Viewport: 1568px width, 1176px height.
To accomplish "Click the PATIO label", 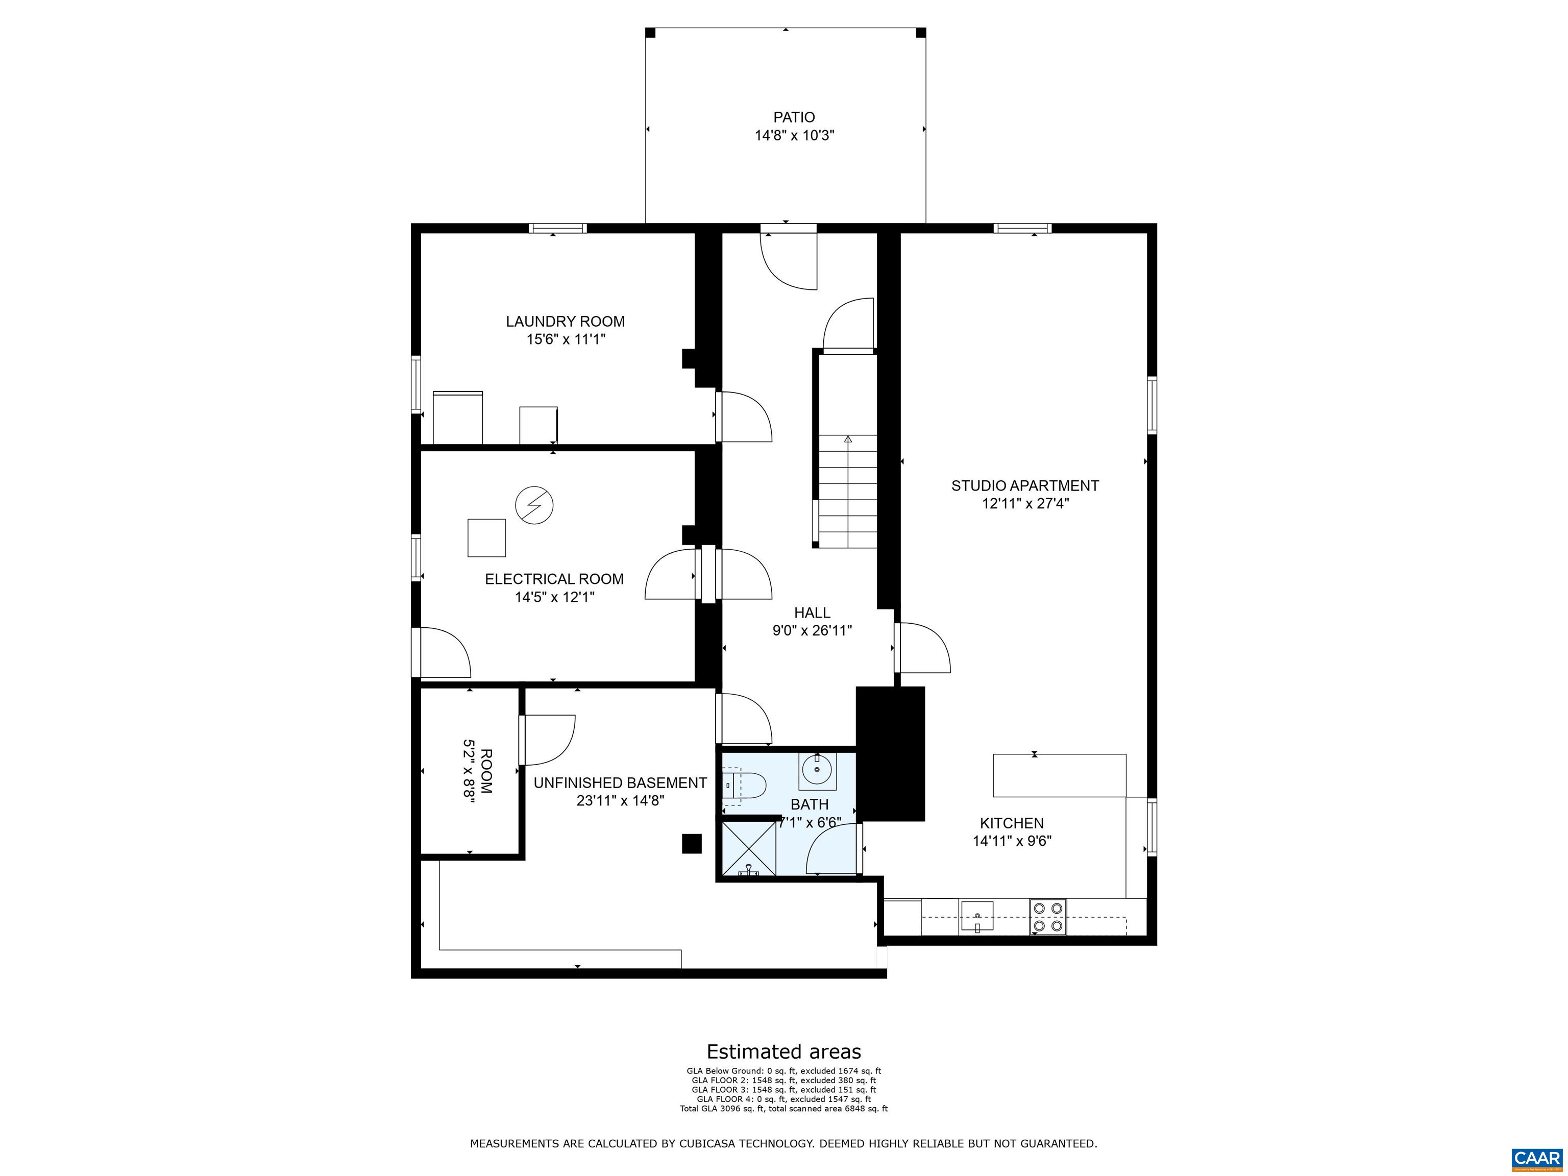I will click(793, 117).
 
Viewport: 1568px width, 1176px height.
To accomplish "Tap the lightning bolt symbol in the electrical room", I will click(534, 505).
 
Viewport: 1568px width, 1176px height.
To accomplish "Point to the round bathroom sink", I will click(817, 770).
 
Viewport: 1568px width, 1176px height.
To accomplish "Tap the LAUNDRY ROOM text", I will click(565, 321).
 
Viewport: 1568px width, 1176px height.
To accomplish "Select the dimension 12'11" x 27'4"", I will click(1025, 503).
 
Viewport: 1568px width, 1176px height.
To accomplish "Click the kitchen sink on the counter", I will click(977, 916).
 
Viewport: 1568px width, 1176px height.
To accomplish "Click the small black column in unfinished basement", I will click(691, 844).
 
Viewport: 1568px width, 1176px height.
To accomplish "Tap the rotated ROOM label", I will click(485, 771).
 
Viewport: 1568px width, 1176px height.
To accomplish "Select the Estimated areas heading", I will click(783, 1051).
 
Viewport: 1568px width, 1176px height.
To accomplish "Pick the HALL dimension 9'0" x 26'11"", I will click(812, 630).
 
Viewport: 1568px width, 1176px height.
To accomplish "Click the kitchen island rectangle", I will click(1059, 775).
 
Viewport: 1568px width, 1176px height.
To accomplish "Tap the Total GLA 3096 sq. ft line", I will click(783, 1108).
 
